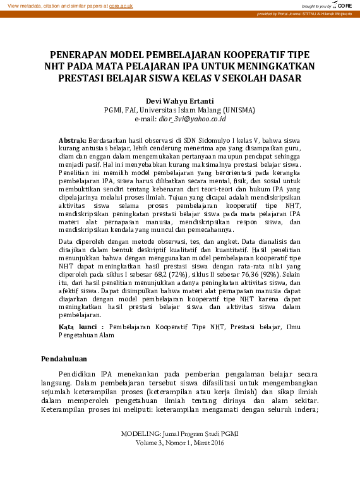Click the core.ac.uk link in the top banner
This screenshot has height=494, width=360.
121,6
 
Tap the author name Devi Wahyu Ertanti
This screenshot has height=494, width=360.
180,100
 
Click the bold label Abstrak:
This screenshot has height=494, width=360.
72,139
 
